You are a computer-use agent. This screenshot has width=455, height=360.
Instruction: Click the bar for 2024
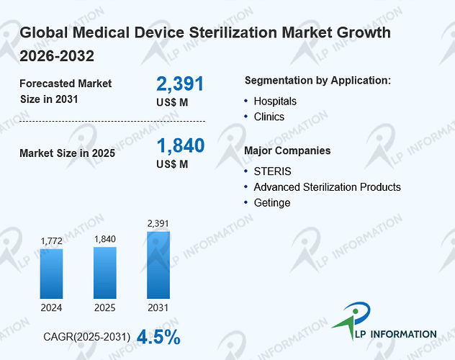[51, 274]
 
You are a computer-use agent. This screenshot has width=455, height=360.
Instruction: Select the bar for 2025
[105, 273]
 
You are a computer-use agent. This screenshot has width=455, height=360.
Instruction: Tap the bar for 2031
[158, 265]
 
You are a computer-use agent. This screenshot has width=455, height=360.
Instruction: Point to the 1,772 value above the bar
[52, 240]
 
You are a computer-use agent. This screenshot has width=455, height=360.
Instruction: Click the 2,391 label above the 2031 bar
[158, 223]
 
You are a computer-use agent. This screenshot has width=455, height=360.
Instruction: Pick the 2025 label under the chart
[105, 307]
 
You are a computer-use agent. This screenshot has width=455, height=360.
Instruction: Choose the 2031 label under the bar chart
[158, 307]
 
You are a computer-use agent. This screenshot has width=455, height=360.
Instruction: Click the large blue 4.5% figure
[158, 337]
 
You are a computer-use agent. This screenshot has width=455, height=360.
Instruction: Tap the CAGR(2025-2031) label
[87, 337]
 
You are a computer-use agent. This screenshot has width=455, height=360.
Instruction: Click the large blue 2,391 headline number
[180, 84]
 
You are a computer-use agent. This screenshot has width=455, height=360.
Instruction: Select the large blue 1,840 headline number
[181, 145]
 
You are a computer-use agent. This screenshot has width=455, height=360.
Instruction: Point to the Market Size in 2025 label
[68, 153]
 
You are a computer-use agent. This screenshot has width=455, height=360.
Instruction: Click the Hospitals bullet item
[275, 102]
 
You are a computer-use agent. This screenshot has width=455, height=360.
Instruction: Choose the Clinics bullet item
[269, 117]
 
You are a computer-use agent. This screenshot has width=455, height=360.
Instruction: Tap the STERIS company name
[272, 171]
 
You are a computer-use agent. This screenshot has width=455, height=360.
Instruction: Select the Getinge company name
[272, 203]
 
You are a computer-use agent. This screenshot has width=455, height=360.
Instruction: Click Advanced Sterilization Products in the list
[328, 187]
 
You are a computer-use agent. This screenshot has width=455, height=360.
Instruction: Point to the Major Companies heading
[287, 150]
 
